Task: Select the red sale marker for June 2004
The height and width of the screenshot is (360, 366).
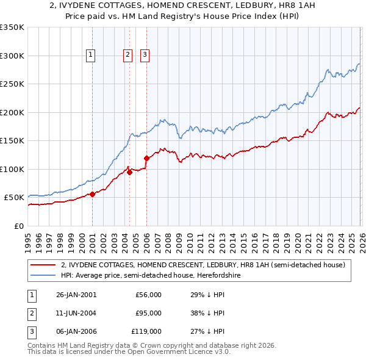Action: (x=129, y=172)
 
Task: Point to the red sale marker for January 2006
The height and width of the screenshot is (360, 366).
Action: (x=146, y=159)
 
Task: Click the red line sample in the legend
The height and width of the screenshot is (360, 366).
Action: (x=44, y=265)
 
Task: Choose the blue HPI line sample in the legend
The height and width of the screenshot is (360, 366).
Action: (x=44, y=276)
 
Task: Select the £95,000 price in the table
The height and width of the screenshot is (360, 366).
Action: (x=148, y=313)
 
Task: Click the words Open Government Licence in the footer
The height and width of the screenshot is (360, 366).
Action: (x=179, y=353)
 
